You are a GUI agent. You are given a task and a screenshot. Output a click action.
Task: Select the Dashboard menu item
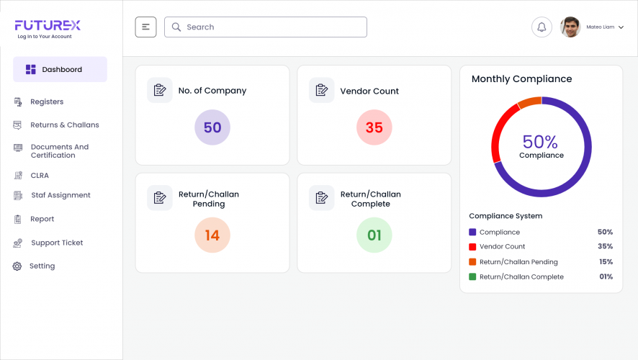[60, 70]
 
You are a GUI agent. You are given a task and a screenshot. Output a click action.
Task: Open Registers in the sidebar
[46, 102]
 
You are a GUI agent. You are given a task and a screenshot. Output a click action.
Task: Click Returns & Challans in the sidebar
[64, 125]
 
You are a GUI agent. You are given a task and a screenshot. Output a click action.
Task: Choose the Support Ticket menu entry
[56, 243]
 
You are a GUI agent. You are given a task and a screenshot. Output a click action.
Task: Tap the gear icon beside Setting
[17, 266]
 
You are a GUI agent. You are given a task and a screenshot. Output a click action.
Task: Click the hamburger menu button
[145, 27]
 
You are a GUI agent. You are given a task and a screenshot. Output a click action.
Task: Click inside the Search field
[266, 27]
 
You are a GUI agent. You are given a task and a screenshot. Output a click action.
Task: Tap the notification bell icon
[542, 27]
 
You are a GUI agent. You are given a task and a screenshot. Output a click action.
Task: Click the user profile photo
[570, 27]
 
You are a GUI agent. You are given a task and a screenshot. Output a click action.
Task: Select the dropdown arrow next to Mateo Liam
[621, 27]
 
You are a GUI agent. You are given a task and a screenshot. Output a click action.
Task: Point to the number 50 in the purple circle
[212, 128]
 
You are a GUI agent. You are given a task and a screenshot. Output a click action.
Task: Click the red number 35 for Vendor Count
[374, 128]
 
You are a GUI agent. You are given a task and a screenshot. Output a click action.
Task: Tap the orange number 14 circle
[212, 235]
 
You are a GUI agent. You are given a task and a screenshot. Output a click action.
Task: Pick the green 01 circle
[374, 235]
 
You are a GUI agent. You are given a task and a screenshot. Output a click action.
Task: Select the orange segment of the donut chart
[529, 103]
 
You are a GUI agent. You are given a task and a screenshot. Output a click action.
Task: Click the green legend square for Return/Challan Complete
[472, 277]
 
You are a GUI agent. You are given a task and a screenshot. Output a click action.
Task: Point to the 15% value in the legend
[606, 262]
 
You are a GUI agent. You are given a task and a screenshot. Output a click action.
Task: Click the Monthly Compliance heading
[521, 79]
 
